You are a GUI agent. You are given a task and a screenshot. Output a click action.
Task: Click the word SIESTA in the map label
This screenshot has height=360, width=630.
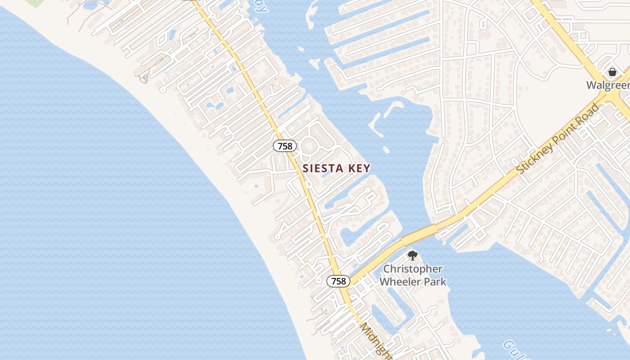coord(322,168)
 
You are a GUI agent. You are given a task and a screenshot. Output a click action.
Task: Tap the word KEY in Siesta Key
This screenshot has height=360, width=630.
coord(358,168)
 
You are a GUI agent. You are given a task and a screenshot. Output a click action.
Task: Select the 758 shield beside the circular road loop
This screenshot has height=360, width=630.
coord(285,146)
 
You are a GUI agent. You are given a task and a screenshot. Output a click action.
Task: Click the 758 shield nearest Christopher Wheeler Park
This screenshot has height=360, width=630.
coord(338,281)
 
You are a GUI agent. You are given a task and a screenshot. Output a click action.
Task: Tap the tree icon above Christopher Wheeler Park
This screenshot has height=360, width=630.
coord(412,256)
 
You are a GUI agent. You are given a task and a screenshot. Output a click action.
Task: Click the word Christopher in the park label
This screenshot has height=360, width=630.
coord(413,269)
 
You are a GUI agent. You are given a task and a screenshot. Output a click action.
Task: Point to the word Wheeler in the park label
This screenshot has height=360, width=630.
coord(402,282)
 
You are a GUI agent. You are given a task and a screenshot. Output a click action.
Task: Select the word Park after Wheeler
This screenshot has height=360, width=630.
coord(437,282)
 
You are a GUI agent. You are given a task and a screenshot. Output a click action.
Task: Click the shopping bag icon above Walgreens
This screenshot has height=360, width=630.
coord(612,72)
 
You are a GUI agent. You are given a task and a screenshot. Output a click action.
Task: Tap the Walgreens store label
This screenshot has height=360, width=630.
coord(607,85)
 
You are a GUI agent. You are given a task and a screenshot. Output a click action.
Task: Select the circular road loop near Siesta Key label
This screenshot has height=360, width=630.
coord(309,146)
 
